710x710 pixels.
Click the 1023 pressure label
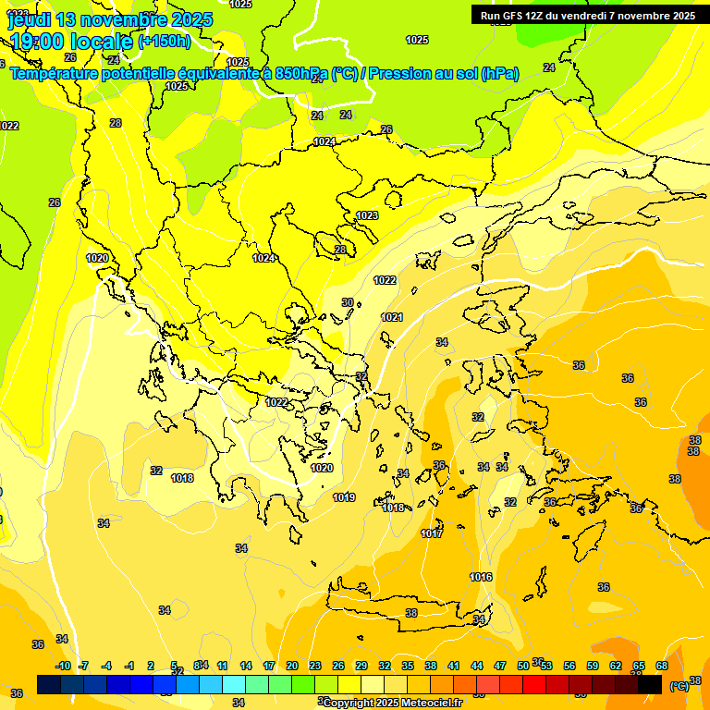(367, 215)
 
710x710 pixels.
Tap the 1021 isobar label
(392, 317)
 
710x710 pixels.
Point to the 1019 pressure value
(344, 497)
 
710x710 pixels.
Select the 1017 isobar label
(432, 533)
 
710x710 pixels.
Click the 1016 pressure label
(481, 577)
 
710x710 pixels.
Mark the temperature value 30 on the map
(348, 302)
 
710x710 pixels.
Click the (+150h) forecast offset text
(165, 41)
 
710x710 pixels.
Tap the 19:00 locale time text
(71, 41)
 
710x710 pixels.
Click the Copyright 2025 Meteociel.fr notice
(393, 703)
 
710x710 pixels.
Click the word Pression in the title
(410, 73)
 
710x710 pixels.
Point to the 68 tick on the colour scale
(662, 666)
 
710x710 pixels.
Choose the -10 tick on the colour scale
(63, 666)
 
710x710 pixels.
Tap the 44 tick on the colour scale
(477, 666)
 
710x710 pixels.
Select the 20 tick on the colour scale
(292, 666)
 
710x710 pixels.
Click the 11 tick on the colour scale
(223, 666)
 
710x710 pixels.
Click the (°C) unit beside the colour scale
(679, 686)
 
